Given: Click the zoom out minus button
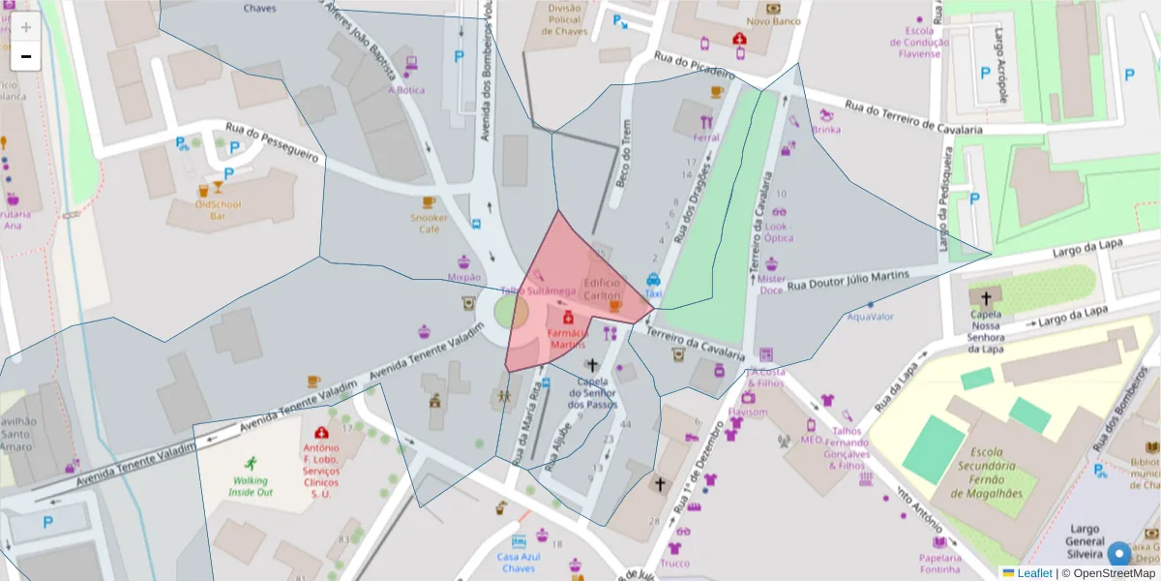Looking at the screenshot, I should click(26, 56).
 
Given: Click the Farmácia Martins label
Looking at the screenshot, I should click(568, 339).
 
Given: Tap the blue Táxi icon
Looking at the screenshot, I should click(653, 280).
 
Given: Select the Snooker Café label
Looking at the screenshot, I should click(430, 224).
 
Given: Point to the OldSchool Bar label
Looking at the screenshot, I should click(217, 210).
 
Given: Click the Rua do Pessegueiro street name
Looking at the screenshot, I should click(272, 141).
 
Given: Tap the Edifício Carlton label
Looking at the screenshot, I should click(602, 289).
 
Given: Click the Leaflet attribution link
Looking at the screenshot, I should click(1033, 573).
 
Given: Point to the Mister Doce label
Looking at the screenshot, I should click(772, 284).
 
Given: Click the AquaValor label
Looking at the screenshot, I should click(870, 317).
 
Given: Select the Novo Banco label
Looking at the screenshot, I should click(773, 20).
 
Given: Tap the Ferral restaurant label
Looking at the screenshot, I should click(706, 138).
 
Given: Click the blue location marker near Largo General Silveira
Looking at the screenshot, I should click(1119, 554).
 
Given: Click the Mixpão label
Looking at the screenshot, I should click(464, 277).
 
